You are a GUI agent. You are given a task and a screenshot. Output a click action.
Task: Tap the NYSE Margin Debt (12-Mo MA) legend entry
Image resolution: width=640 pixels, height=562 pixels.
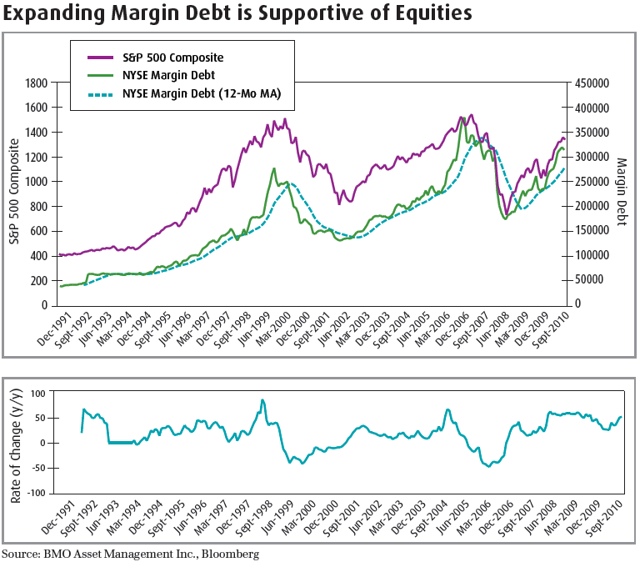[x=201, y=94]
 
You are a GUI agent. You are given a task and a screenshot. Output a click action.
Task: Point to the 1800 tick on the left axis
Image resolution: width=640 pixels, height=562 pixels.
[x=36, y=83]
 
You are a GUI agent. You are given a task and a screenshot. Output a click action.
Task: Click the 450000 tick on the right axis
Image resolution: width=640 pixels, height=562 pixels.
[x=589, y=83]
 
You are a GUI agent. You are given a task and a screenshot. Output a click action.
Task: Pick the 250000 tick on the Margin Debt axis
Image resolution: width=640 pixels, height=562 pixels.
[x=589, y=181]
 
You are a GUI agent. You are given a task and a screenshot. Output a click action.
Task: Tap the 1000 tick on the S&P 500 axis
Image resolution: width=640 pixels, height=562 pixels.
[x=36, y=181]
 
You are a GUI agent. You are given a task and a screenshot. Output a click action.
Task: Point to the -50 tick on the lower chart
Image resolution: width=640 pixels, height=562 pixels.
[x=39, y=468]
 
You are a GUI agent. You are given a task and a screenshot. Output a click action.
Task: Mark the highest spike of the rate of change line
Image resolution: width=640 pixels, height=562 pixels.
[x=262, y=400]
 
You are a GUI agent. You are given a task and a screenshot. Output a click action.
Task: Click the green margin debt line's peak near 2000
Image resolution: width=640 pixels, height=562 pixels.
[x=274, y=168]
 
